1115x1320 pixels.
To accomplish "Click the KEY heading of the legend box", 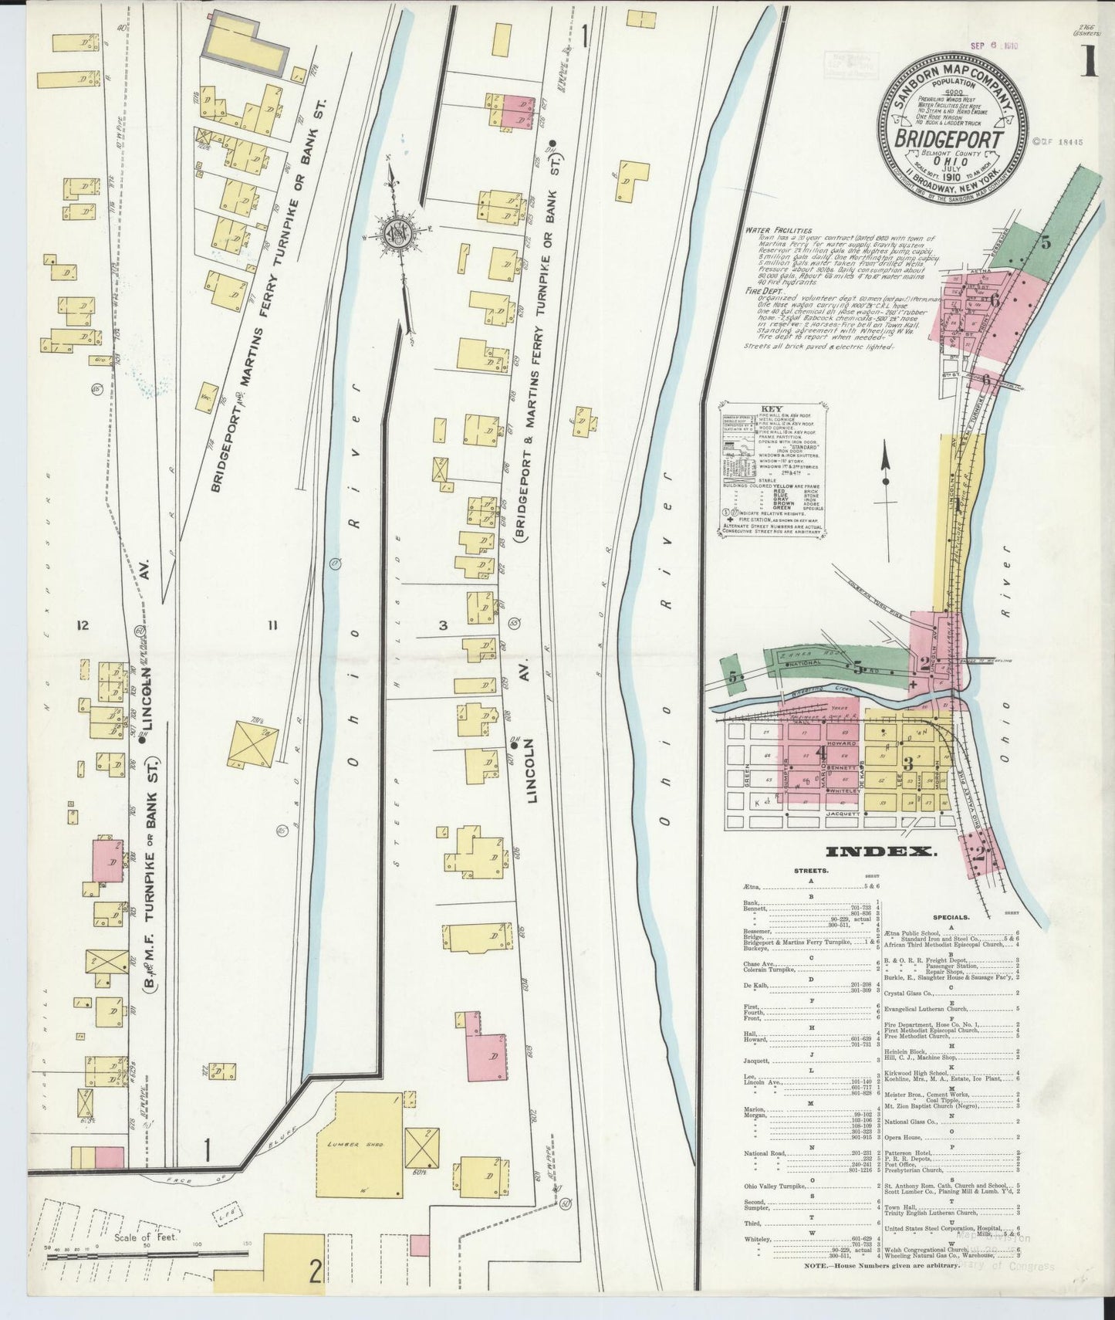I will tap(769, 409).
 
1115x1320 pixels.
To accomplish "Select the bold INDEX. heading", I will tap(880, 851).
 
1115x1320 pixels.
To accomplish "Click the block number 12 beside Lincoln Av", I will tap(83, 625).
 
